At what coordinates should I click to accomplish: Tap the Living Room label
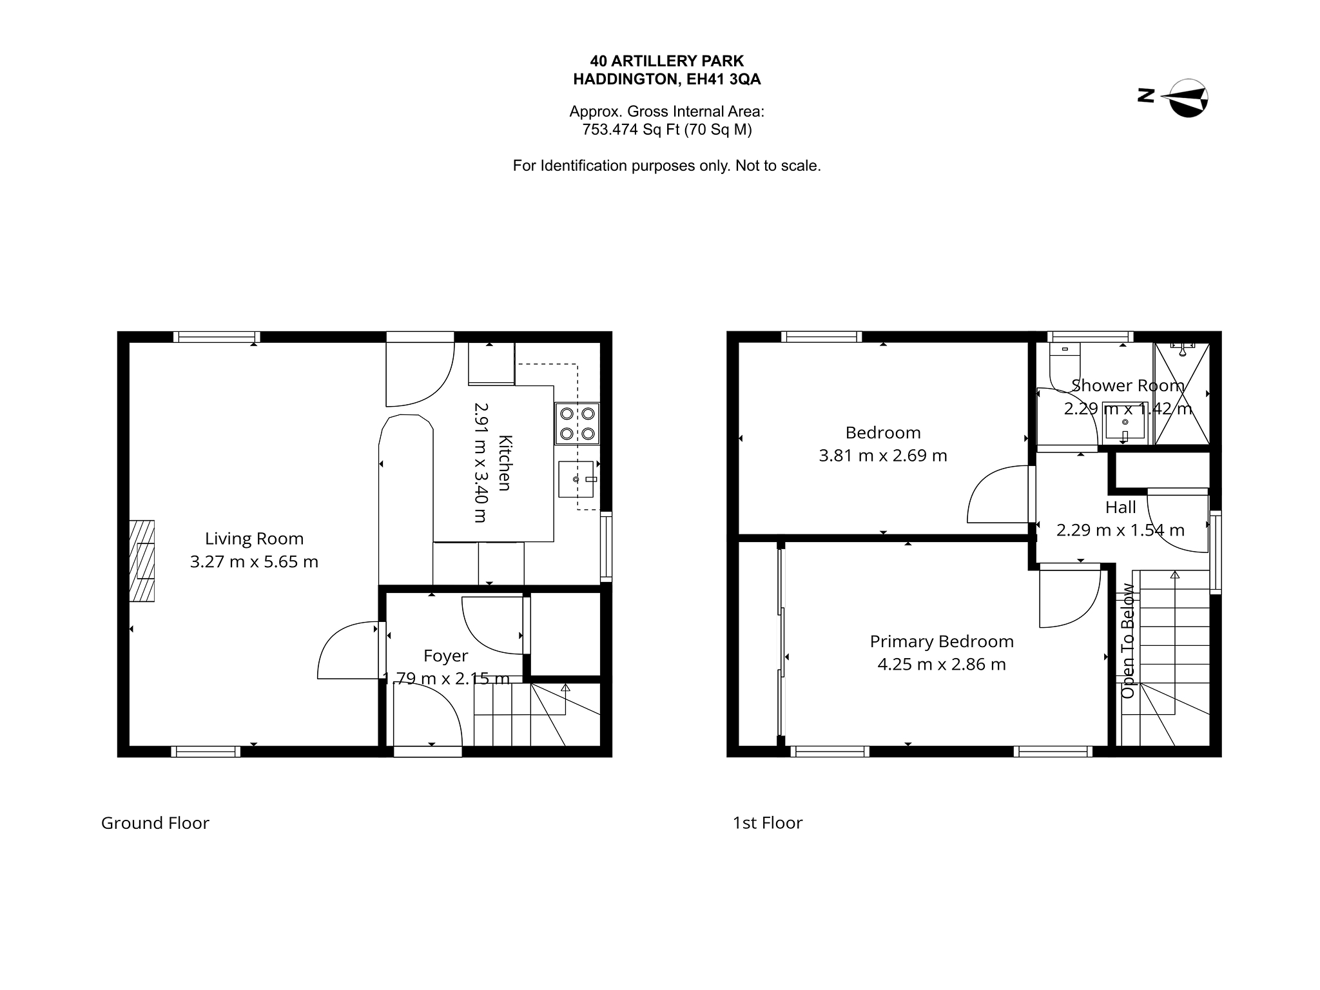254,538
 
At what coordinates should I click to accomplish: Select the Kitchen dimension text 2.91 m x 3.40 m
481,462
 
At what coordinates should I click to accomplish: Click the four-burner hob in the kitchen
577,423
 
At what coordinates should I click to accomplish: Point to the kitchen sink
576,480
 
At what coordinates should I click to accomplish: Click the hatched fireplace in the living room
142,561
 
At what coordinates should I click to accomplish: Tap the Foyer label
445,655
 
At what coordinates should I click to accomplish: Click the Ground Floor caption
155,823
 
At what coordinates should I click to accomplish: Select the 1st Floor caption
768,823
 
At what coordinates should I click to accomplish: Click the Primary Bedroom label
942,641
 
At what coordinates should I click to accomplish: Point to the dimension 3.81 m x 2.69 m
883,456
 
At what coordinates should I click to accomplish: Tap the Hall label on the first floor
1121,507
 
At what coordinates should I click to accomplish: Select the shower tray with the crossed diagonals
1182,394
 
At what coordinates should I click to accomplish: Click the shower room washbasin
1125,423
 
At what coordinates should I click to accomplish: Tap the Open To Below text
1128,641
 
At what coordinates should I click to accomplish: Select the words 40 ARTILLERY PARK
667,61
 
